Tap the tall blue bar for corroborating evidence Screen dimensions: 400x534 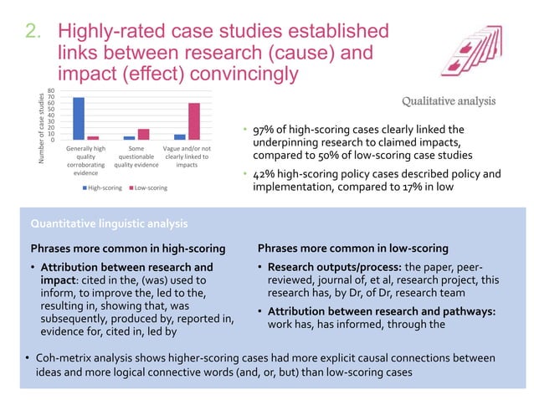click(x=79, y=118)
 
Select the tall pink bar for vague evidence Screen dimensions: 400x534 click(x=194, y=121)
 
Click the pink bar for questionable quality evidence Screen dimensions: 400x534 click(x=143, y=134)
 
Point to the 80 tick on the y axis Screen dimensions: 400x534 click(x=52, y=90)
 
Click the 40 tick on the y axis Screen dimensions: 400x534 click(x=52, y=115)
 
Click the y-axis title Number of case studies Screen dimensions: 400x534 click(x=39, y=128)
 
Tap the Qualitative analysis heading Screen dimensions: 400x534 click(x=449, y=101)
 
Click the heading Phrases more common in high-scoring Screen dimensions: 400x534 click(x=127, y=249)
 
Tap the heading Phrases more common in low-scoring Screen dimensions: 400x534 click(x=352, y=249)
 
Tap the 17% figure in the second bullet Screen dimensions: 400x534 click(x=421, y=187)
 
